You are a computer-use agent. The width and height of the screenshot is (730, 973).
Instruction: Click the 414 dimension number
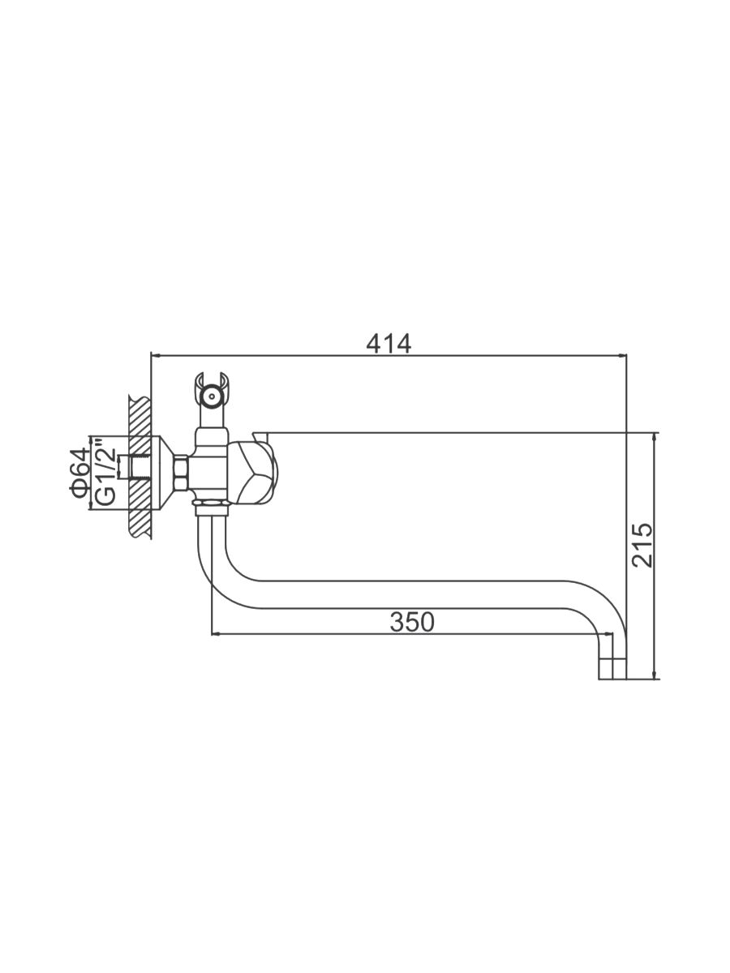(389, 343)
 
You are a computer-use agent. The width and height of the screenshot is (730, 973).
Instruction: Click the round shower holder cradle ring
(212, 396)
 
